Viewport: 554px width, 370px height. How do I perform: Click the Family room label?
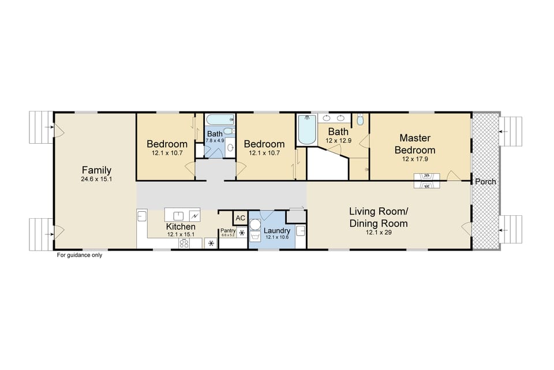tap(96, 170)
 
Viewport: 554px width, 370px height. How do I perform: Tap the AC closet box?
tap(240, 218)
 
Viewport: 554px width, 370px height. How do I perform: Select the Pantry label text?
tap(228, 230)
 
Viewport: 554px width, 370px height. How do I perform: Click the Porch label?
tap(485, 181)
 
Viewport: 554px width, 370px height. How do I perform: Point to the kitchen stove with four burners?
tap(185, 244)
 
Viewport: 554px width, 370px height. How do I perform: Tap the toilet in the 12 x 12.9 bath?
tap(360, 120)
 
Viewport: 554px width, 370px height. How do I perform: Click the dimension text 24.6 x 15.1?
tap(96, 180)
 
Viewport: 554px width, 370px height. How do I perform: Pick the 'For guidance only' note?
tap(79, 255)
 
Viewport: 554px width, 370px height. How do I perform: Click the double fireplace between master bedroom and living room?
tap(427, 181)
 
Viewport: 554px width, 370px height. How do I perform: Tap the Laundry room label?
tap(276, 230)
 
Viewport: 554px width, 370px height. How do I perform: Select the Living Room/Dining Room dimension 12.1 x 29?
tap(378, 232)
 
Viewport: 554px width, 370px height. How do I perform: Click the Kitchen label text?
tap(181, 227)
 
